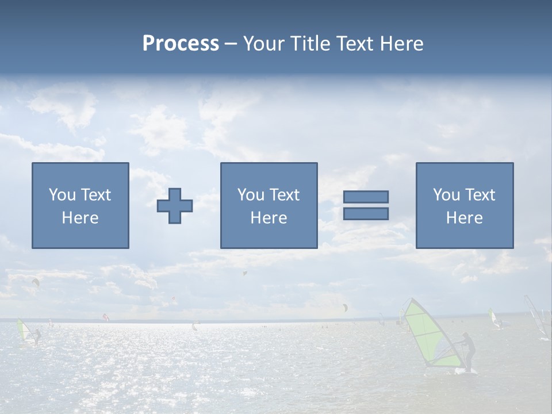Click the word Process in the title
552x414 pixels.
coord(181,44)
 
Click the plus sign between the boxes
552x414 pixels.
coord(175,206)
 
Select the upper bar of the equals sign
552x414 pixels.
coord(366,197)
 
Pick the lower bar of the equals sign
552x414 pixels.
coord(366,213)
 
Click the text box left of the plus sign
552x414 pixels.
coord(80,205)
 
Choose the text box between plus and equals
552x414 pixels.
coord(269,205)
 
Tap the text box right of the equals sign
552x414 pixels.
coord(465,205)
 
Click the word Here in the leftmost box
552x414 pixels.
coord(80,218)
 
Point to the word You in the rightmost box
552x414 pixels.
coord(446,195)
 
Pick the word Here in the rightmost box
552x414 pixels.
coord(464,218)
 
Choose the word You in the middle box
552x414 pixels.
coord(251,195)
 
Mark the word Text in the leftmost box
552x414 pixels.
coord(95,195)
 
